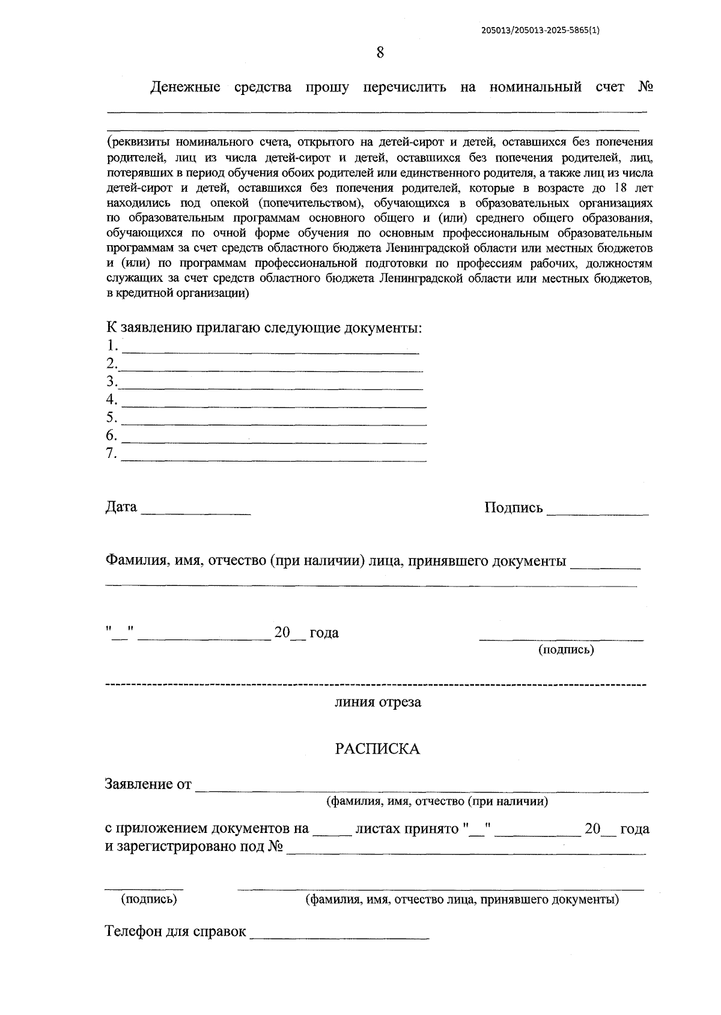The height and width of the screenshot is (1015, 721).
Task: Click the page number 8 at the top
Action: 380,52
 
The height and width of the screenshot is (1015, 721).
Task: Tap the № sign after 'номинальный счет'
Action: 645,87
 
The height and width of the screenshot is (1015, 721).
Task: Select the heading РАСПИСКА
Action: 377,749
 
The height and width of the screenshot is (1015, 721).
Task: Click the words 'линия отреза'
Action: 378,702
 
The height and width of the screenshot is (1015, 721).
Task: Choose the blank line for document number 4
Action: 273,406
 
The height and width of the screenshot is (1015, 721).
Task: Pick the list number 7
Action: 111,453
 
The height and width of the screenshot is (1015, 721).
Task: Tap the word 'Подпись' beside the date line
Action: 513,508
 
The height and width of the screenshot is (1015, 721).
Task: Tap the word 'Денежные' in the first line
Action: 185,87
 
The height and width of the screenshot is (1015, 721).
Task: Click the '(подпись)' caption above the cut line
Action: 566,650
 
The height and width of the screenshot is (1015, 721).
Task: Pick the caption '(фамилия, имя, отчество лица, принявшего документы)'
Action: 462,900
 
